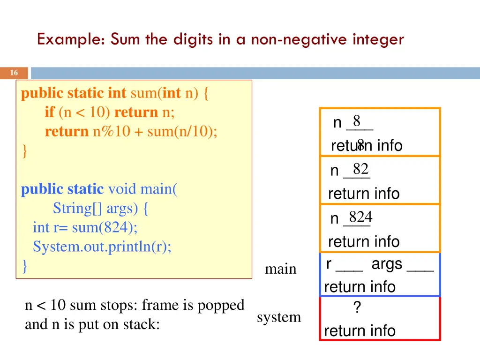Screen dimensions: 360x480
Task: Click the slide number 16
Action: click(x=14, y=73)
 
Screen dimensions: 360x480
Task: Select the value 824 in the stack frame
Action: click(x=360, y=217)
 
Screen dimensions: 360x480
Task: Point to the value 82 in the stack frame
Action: click(x=360, y=169)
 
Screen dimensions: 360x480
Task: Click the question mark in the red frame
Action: click(x=357, y=308)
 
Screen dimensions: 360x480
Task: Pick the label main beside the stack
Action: click(x=280, y=269)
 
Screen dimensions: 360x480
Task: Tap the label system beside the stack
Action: click(x=279, y=317)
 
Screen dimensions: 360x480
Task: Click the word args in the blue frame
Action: click(x=387, y=264)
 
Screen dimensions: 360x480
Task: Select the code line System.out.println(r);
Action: click(x=102, y=247)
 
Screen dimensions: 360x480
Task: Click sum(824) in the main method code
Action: click(x=105, y=228)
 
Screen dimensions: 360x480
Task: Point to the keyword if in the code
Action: click(x=50, y=112)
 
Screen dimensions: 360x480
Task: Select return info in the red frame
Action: click(x=360, y=331)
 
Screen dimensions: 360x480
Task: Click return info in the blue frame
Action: click(x=360, y=287)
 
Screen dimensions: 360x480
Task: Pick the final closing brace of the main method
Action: click(x=25, y=266)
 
